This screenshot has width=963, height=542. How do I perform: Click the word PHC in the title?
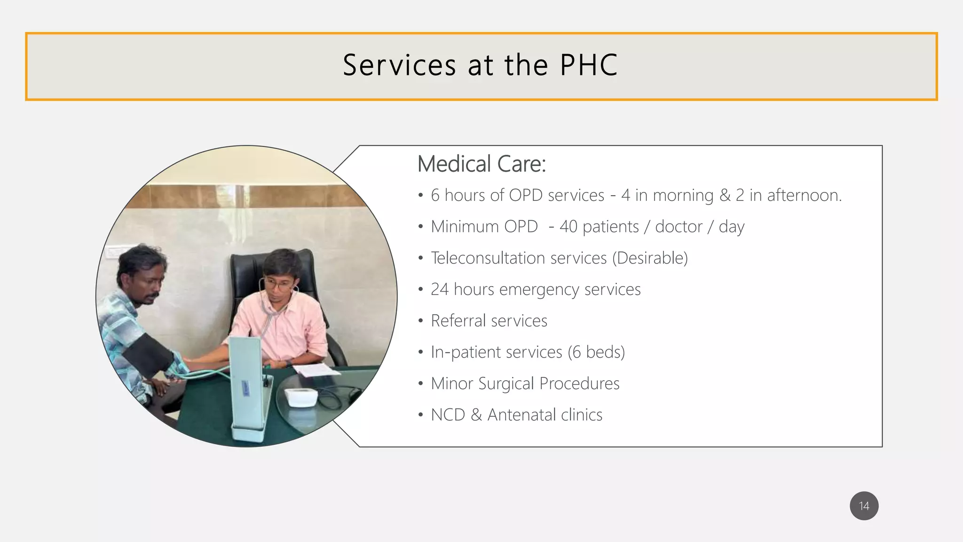click(589, 65)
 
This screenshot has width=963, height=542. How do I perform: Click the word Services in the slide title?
click(399, 65)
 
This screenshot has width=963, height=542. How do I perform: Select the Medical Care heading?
click(481, 164)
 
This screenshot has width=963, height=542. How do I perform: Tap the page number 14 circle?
click(864, 506)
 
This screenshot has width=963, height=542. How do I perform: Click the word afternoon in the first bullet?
click(804, 195)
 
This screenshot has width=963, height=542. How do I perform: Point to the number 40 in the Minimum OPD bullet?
click(568, 227)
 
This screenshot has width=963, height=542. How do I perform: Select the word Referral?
click(458, 321)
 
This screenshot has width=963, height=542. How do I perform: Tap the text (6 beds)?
click(596, 352)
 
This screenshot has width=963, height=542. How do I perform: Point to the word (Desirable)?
click(650, 258)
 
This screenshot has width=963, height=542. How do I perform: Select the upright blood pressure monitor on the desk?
click(247, 386)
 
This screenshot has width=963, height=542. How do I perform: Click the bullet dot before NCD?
click(420, 415)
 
